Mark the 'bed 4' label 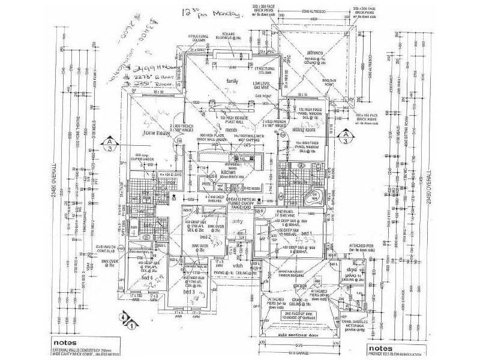click(x=145, y=278)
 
